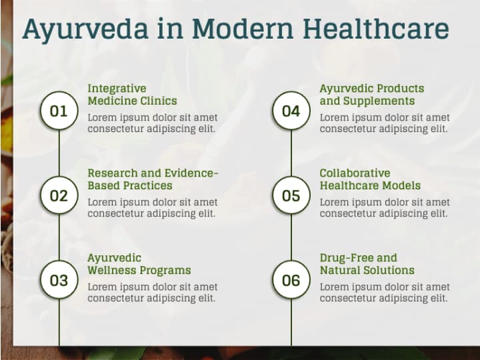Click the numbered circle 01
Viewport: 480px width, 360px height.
tap(59, 111)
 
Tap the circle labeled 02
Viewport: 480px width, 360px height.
tap(59, 195)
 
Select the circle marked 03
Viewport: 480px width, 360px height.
tap(59, 280)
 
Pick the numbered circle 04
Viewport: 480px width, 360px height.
tap(291, 111)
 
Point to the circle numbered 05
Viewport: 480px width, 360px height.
tap(291, 195)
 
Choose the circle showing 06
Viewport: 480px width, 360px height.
tap(291, 280)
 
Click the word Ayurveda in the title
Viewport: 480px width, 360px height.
tap(85, 30)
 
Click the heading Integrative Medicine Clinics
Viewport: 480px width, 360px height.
tap(132, 95)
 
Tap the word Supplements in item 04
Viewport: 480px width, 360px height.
tap(379, 101)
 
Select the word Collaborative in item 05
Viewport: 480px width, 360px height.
tap(355, 173)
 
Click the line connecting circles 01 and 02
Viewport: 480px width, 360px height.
tap(59, 153)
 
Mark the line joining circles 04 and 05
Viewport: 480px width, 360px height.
tap(291, 153)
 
